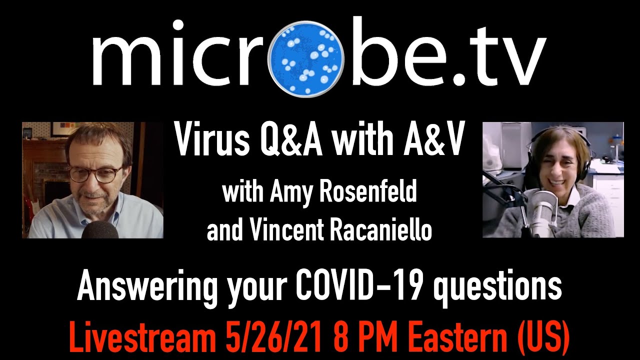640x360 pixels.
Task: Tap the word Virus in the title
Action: (210, 140)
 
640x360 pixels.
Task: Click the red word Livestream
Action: (143, 339)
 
